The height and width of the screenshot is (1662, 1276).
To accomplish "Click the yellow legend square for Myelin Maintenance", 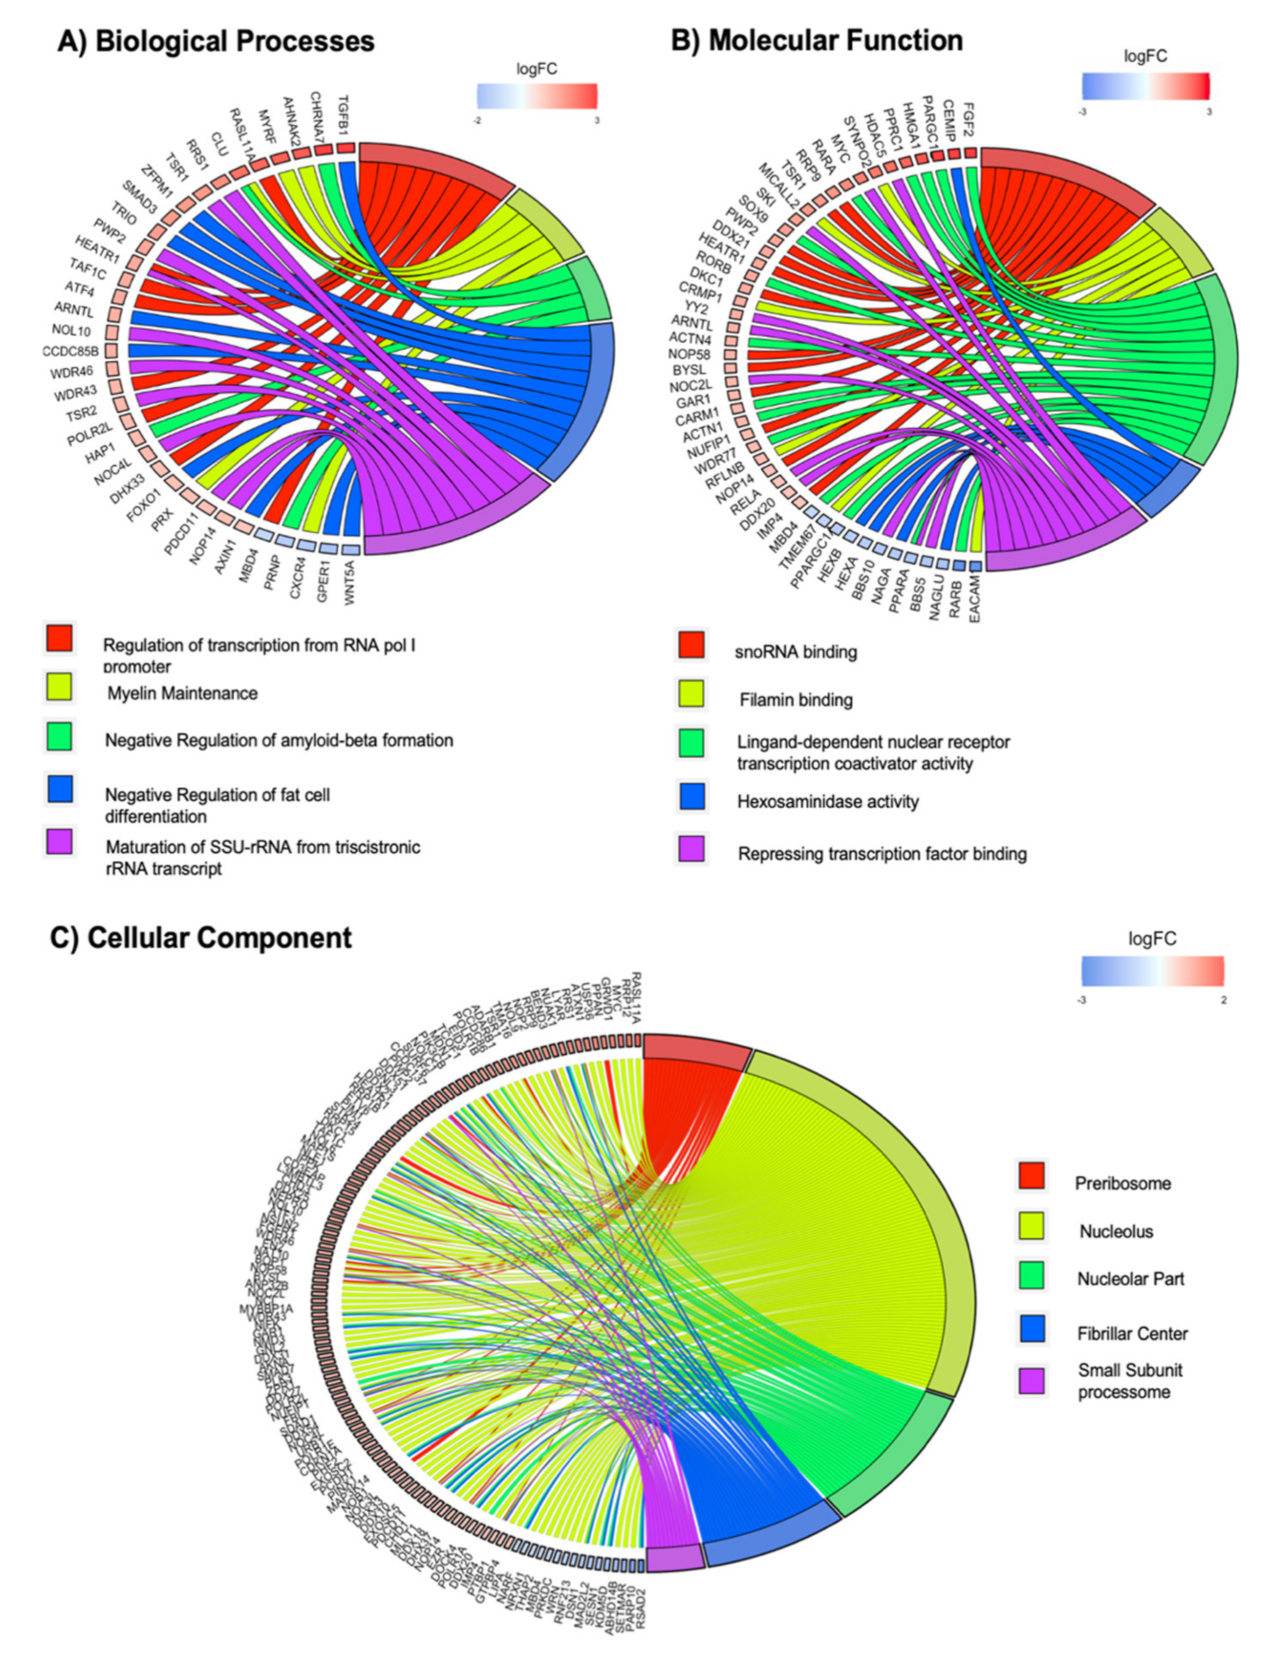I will coord(59,686).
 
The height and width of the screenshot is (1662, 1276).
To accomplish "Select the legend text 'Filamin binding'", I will coord(796,700).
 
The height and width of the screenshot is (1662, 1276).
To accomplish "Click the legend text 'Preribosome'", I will coord(1122,1183).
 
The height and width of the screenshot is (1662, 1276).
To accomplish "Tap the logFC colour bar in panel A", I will coord(536,95).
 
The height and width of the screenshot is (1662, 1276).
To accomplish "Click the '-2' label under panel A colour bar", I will coord(477,119).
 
